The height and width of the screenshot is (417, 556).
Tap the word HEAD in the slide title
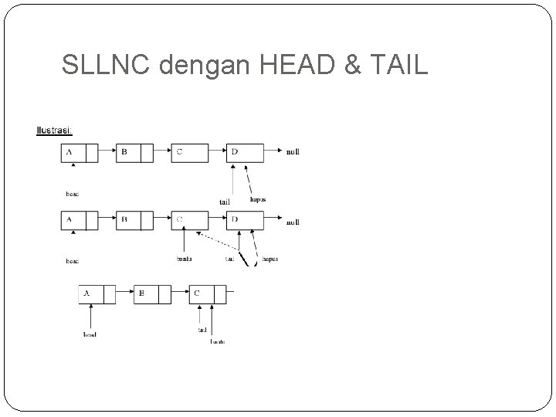297,67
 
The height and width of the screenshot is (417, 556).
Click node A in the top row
80,153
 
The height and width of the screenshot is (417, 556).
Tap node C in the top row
190,153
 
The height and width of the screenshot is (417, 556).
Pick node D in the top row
246,153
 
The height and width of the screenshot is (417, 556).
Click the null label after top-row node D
293,152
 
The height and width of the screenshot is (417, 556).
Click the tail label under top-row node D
225,202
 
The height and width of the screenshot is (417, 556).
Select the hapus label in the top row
259,199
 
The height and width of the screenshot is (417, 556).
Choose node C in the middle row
190,221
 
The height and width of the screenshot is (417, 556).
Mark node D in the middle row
246,221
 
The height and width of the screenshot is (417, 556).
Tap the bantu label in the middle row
185,259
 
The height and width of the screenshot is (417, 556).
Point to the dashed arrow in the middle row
218,242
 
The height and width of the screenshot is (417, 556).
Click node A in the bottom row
97,294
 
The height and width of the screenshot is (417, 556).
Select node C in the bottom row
208,294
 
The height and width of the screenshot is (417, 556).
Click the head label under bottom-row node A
90,334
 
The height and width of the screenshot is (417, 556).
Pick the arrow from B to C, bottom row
179,294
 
